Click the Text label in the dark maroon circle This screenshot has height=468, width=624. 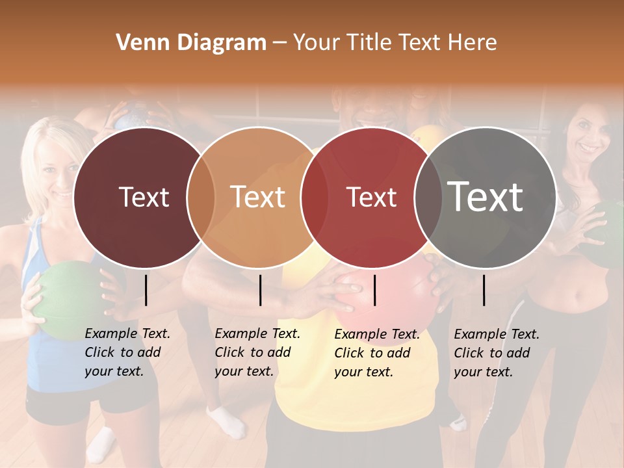[x=144, y=197]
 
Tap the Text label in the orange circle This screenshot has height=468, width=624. [x=258, y=197]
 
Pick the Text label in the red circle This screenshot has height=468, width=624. [x=371, y=197]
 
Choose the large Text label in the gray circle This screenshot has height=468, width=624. [x=486, y=197]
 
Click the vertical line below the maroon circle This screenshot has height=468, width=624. [x=146, y=290]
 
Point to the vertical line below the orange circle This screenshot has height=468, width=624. [x=260, y=290]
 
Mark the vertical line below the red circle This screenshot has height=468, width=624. [x=374, y=290]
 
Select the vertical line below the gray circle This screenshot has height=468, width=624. [x=484, y=290]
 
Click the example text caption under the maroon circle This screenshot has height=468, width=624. [x=127, y=352]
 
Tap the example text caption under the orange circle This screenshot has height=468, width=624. [x=257, y=352]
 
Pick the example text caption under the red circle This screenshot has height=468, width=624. [x=377, y=353]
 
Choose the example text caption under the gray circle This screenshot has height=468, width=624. [x=497, y=353]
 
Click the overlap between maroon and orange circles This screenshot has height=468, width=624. [x=201, y=197]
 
